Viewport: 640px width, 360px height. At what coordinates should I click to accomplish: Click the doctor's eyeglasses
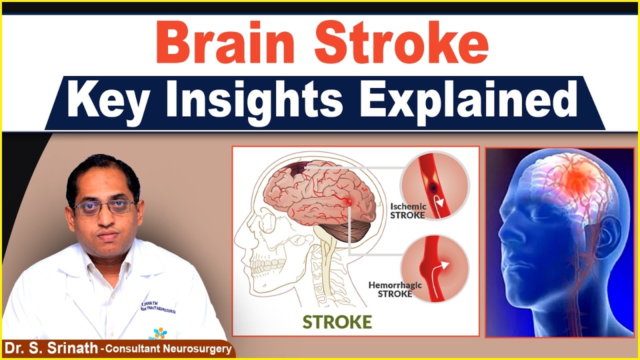[105, 206]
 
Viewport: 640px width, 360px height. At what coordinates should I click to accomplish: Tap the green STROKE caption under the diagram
[337, 321]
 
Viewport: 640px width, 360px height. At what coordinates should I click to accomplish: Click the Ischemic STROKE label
[408, 210]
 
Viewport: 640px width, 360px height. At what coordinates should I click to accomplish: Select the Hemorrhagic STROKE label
[395, 289]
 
